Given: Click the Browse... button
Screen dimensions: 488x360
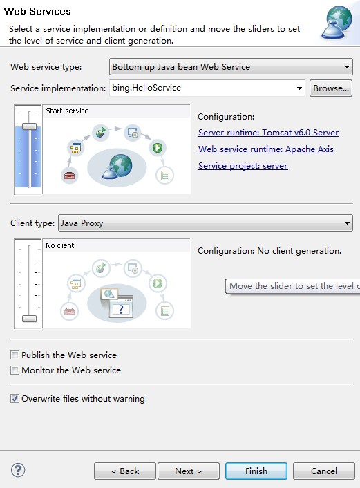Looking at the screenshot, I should tap(331, 88).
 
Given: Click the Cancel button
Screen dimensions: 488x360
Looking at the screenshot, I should tap(323, 471).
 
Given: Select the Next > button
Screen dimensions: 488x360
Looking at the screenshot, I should tap(188, 471).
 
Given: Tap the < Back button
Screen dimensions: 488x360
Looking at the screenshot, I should tap(125, 471).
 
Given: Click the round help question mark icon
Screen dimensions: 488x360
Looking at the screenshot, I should tap(18, 470).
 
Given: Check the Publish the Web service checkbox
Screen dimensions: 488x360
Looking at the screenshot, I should tap(15, 355).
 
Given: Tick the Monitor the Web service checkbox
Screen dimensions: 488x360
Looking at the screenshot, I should tap(15, 370).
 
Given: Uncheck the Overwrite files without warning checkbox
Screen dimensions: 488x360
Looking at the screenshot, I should tap(15, 399).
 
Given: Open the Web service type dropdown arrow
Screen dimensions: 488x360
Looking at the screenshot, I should tap(348, 67).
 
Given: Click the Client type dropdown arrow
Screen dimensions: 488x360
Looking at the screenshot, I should tap(348, 223).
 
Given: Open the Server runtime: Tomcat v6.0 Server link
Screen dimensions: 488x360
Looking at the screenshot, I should tap(268, 133).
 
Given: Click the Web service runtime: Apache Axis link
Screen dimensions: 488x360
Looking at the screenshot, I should tap(265, 149).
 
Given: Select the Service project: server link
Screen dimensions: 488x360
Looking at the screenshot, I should tap(243, 166).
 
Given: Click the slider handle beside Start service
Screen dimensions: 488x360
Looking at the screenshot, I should tap(29, 126).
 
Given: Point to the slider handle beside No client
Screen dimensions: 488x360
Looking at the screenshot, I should tap(29, 318).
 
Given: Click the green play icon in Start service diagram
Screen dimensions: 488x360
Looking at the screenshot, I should tap(158, 147).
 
